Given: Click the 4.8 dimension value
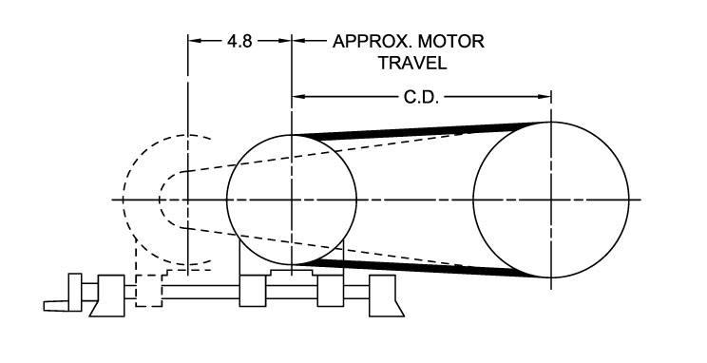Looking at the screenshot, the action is [x=239, y=41].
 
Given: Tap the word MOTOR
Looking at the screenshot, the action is [x=450, y=41].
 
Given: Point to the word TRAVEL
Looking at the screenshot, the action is [x=412, y=63].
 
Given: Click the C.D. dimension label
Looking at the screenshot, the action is [x=421, y=97].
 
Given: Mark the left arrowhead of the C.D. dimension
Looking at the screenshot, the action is [x=298, y=97].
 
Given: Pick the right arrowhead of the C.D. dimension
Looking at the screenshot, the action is [x=545, y=97].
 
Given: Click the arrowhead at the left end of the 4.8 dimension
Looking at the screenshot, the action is [x=195, y=41].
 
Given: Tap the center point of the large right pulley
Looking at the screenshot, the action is [x=551, y=200].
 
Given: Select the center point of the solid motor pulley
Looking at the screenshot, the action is [x=292, y=200].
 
